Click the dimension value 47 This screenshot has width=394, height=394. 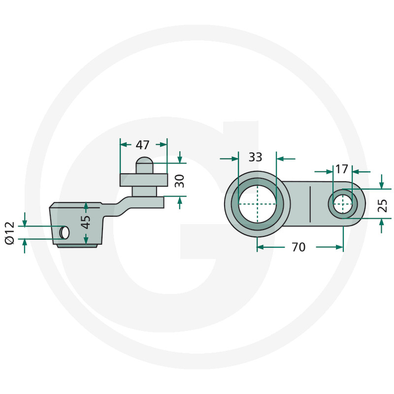(x=142, y=145)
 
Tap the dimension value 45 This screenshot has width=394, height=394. (x=86, y=222)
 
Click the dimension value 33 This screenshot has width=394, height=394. (x=255, y=158)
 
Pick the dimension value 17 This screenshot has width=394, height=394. (x=341, y=169)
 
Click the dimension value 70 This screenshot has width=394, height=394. (x=298, y=247)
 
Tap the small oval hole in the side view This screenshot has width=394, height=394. (x=64, y=232)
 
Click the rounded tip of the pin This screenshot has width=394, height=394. (x=144, y=162)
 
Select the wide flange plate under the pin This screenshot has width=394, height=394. (x=144, y=180)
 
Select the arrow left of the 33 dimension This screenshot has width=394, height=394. (x=233, y=159)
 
